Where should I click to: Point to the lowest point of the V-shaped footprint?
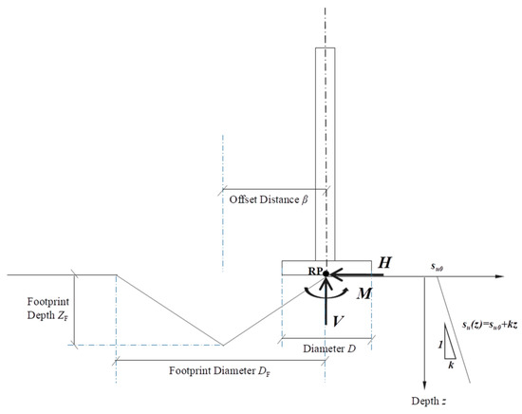tap(222, 346)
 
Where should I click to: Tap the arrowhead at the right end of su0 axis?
tap(500, 275)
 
